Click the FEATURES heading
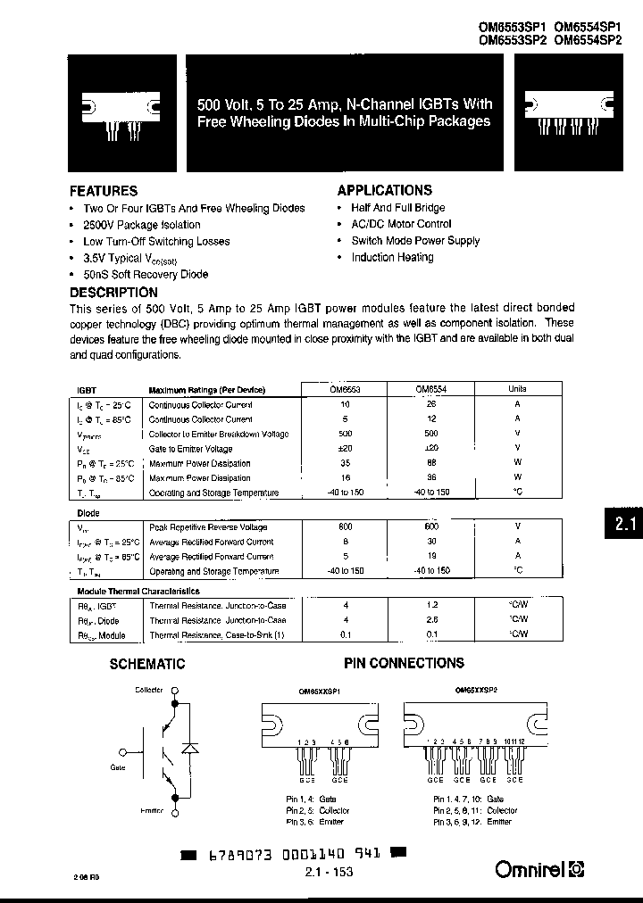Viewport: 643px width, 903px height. pos(104,191)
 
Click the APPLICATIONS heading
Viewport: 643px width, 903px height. pos(384,190)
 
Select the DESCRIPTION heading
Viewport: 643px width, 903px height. pos(113,292)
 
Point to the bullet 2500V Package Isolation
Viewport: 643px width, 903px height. pos(142,225)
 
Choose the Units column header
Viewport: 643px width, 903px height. pos(517,390)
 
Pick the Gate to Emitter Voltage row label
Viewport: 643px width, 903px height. pos(190,449)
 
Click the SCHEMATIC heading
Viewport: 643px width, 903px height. pos(146,664)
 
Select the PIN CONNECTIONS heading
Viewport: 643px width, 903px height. pos(404,663)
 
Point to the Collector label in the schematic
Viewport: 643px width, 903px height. pos(149,690)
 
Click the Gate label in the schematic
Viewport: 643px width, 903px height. pos(119,766)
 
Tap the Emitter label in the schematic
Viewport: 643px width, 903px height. pos(150,810)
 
